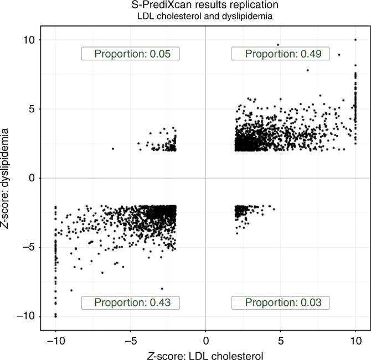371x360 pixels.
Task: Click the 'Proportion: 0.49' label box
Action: (280, 54)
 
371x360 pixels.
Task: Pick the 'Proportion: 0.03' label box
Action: (280, 302)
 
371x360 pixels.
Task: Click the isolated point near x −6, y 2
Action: (113, 149)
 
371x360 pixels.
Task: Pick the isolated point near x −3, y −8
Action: (162, 289)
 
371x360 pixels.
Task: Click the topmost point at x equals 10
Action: (355, 39)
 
